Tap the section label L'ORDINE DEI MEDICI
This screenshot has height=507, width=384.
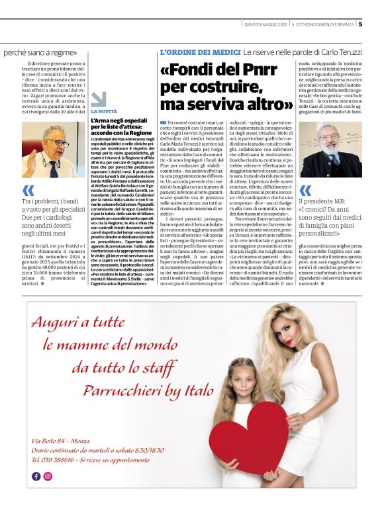point(199,52)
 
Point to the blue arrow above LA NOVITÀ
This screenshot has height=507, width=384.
point(98,99)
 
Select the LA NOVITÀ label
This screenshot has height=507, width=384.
point(104,111)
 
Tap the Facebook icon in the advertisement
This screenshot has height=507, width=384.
point(36,476)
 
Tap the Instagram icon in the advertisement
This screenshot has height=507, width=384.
point(48,476)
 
